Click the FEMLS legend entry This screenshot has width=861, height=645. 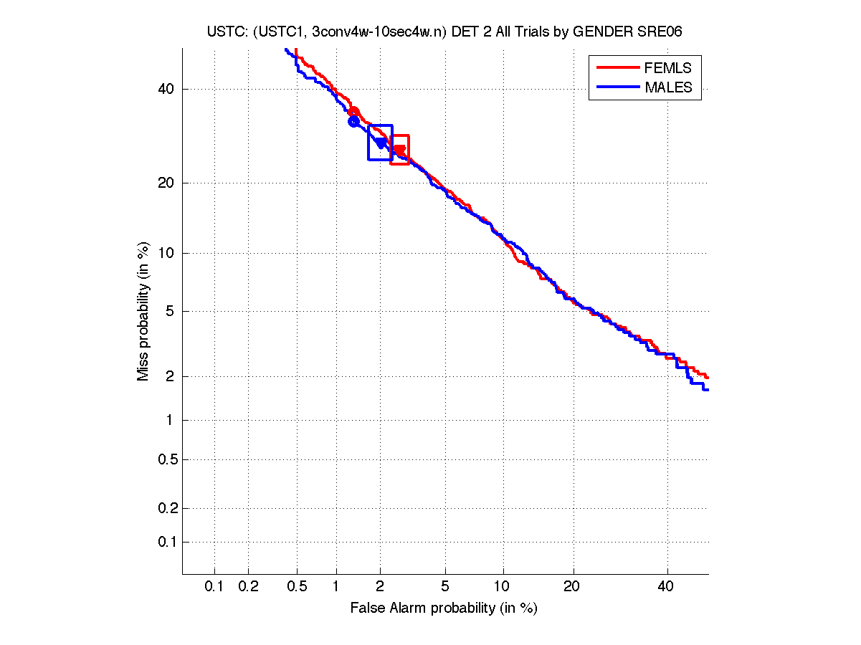[667, 68]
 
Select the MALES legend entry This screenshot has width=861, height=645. [668, 87]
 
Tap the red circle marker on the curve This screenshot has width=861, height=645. [353, 111]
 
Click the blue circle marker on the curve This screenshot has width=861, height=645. [353, 122]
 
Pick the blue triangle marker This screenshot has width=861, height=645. [380, 143]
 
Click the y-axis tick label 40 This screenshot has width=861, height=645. [166, 89]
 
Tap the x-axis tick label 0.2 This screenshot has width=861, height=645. [248, 587]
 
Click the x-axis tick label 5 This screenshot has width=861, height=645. [445, 587]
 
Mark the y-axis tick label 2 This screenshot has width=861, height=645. [170, 376]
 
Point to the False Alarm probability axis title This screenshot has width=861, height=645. [444, 608]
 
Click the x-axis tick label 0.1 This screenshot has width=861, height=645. [214, 587]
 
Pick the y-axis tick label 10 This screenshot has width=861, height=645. [166, 252]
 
